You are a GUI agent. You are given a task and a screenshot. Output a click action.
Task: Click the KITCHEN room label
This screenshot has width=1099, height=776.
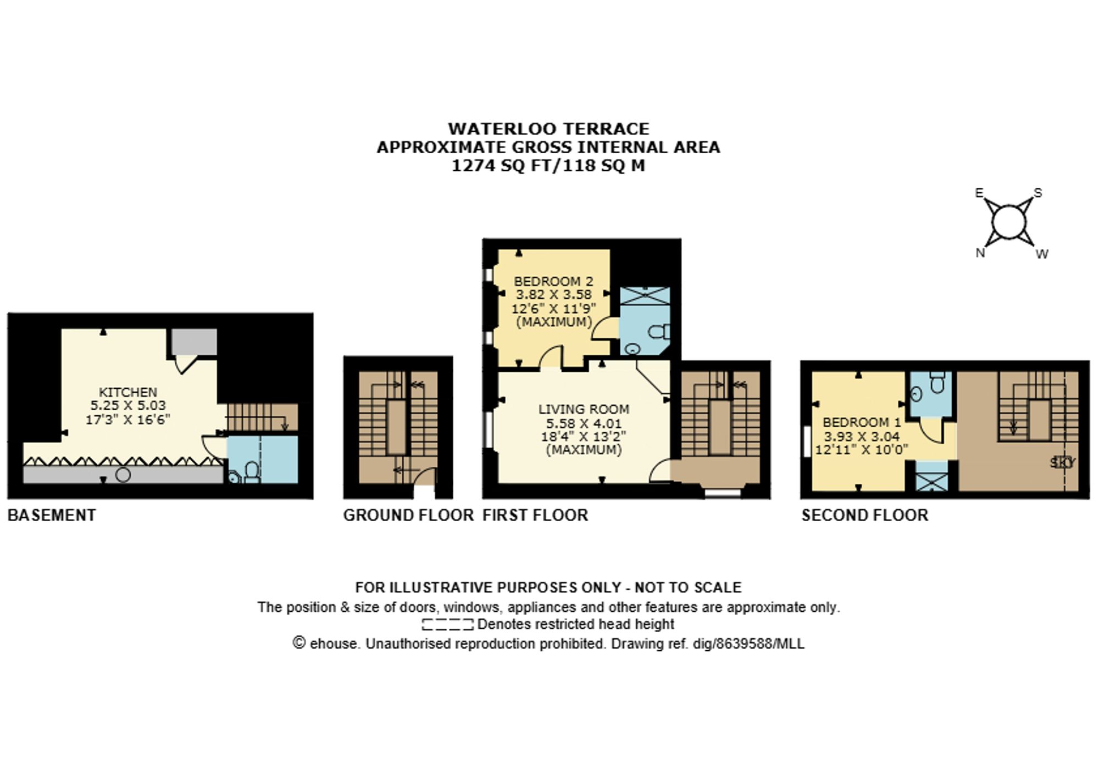(127, 392)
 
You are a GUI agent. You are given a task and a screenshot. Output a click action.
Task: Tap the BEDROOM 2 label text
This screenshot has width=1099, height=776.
(553, 281)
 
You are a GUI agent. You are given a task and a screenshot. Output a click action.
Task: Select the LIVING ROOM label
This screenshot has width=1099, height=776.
(584, 409)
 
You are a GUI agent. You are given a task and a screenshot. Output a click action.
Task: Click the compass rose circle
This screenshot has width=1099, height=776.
(1008, 222)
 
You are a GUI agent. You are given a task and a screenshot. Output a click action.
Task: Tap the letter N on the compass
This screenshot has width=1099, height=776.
(980, 253)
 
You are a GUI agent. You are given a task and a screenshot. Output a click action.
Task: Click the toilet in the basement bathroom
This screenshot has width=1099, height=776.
(252, 472)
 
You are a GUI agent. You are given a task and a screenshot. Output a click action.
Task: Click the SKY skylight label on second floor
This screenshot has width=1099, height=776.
(1062, 462)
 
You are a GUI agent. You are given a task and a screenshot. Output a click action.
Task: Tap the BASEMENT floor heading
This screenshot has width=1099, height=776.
(52, 515)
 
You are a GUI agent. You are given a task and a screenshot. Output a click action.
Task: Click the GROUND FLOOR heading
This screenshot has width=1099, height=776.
(408, 515)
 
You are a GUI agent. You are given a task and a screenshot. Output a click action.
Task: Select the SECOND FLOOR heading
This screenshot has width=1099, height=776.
(864, 515)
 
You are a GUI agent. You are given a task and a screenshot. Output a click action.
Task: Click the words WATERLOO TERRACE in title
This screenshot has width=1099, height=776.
(548, 129)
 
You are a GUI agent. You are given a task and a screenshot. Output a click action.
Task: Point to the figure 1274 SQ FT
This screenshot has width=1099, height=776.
(502, 165)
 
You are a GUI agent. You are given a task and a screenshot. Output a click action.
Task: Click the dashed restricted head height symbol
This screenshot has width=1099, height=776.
(447, 624)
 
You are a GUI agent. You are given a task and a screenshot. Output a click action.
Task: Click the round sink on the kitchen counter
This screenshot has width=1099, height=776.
(123, 474)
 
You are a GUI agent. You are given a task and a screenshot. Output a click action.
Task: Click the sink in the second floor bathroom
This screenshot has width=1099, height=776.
(917, 393)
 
